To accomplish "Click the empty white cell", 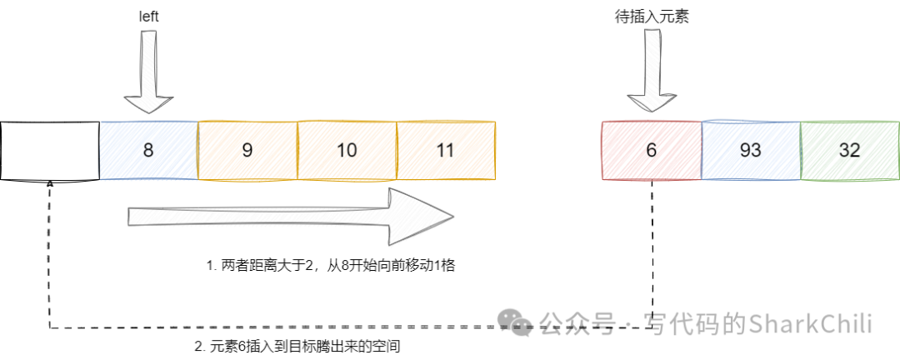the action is tap(50, 151).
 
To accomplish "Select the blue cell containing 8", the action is tap(148, 151).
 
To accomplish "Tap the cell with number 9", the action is tap(247, 151).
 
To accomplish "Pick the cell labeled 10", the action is tap(347, 151).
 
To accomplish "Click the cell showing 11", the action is tap(446, 151).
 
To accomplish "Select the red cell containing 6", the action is tap(651, 151).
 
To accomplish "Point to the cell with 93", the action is tap(751, 151).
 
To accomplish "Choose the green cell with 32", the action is tap(850, 151).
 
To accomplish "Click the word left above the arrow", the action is tap(148, 17).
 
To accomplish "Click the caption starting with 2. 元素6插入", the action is tap(303, 345).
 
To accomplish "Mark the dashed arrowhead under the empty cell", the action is tap(50, 182).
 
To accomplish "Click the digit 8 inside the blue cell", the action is tap(148, 151).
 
